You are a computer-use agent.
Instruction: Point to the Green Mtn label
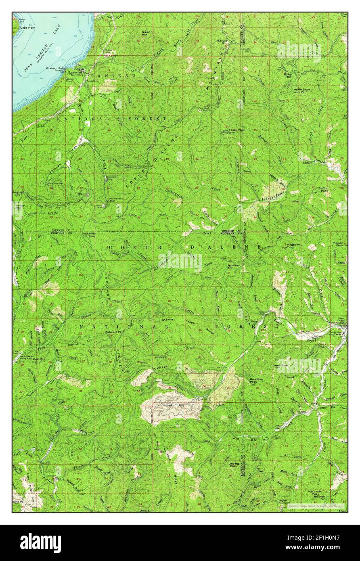point(146,33)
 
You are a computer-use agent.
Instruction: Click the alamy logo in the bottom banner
point(40,542)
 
